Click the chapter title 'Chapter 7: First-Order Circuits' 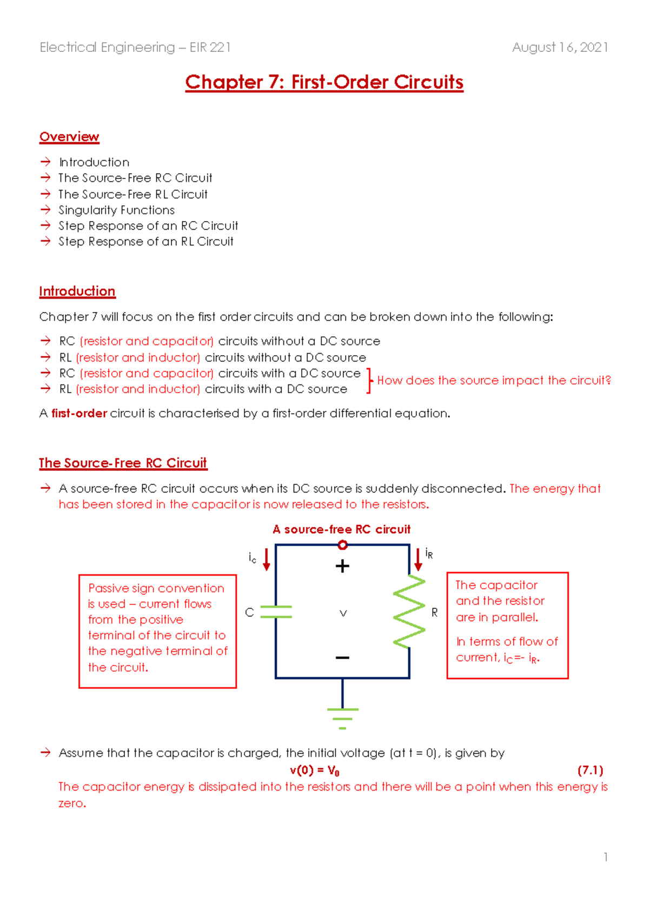[x=324, y=82]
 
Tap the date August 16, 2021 [x=560, y=48]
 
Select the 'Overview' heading [x=69, y=137]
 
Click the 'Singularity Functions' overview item [x=116, y=210]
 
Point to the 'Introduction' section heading [x=77, y=291]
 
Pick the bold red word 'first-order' [x=80, y=414]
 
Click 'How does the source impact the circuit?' [x=494, y=381]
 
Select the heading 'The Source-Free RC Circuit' [x=123, y=463]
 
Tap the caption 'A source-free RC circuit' [x=341, y=529]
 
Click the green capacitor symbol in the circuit [x=276, y=612]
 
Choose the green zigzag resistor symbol [x=409, y=611]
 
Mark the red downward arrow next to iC [x=266, y=560]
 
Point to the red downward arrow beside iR [x=418, y=560]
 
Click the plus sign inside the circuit [x=342, y=566]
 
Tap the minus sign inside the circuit [x=342, y=657]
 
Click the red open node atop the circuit [x=342, y=545]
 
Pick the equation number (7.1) [x=590, y=770]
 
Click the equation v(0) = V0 [x=315, y=770]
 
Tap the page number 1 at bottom [x=606, y=857]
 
